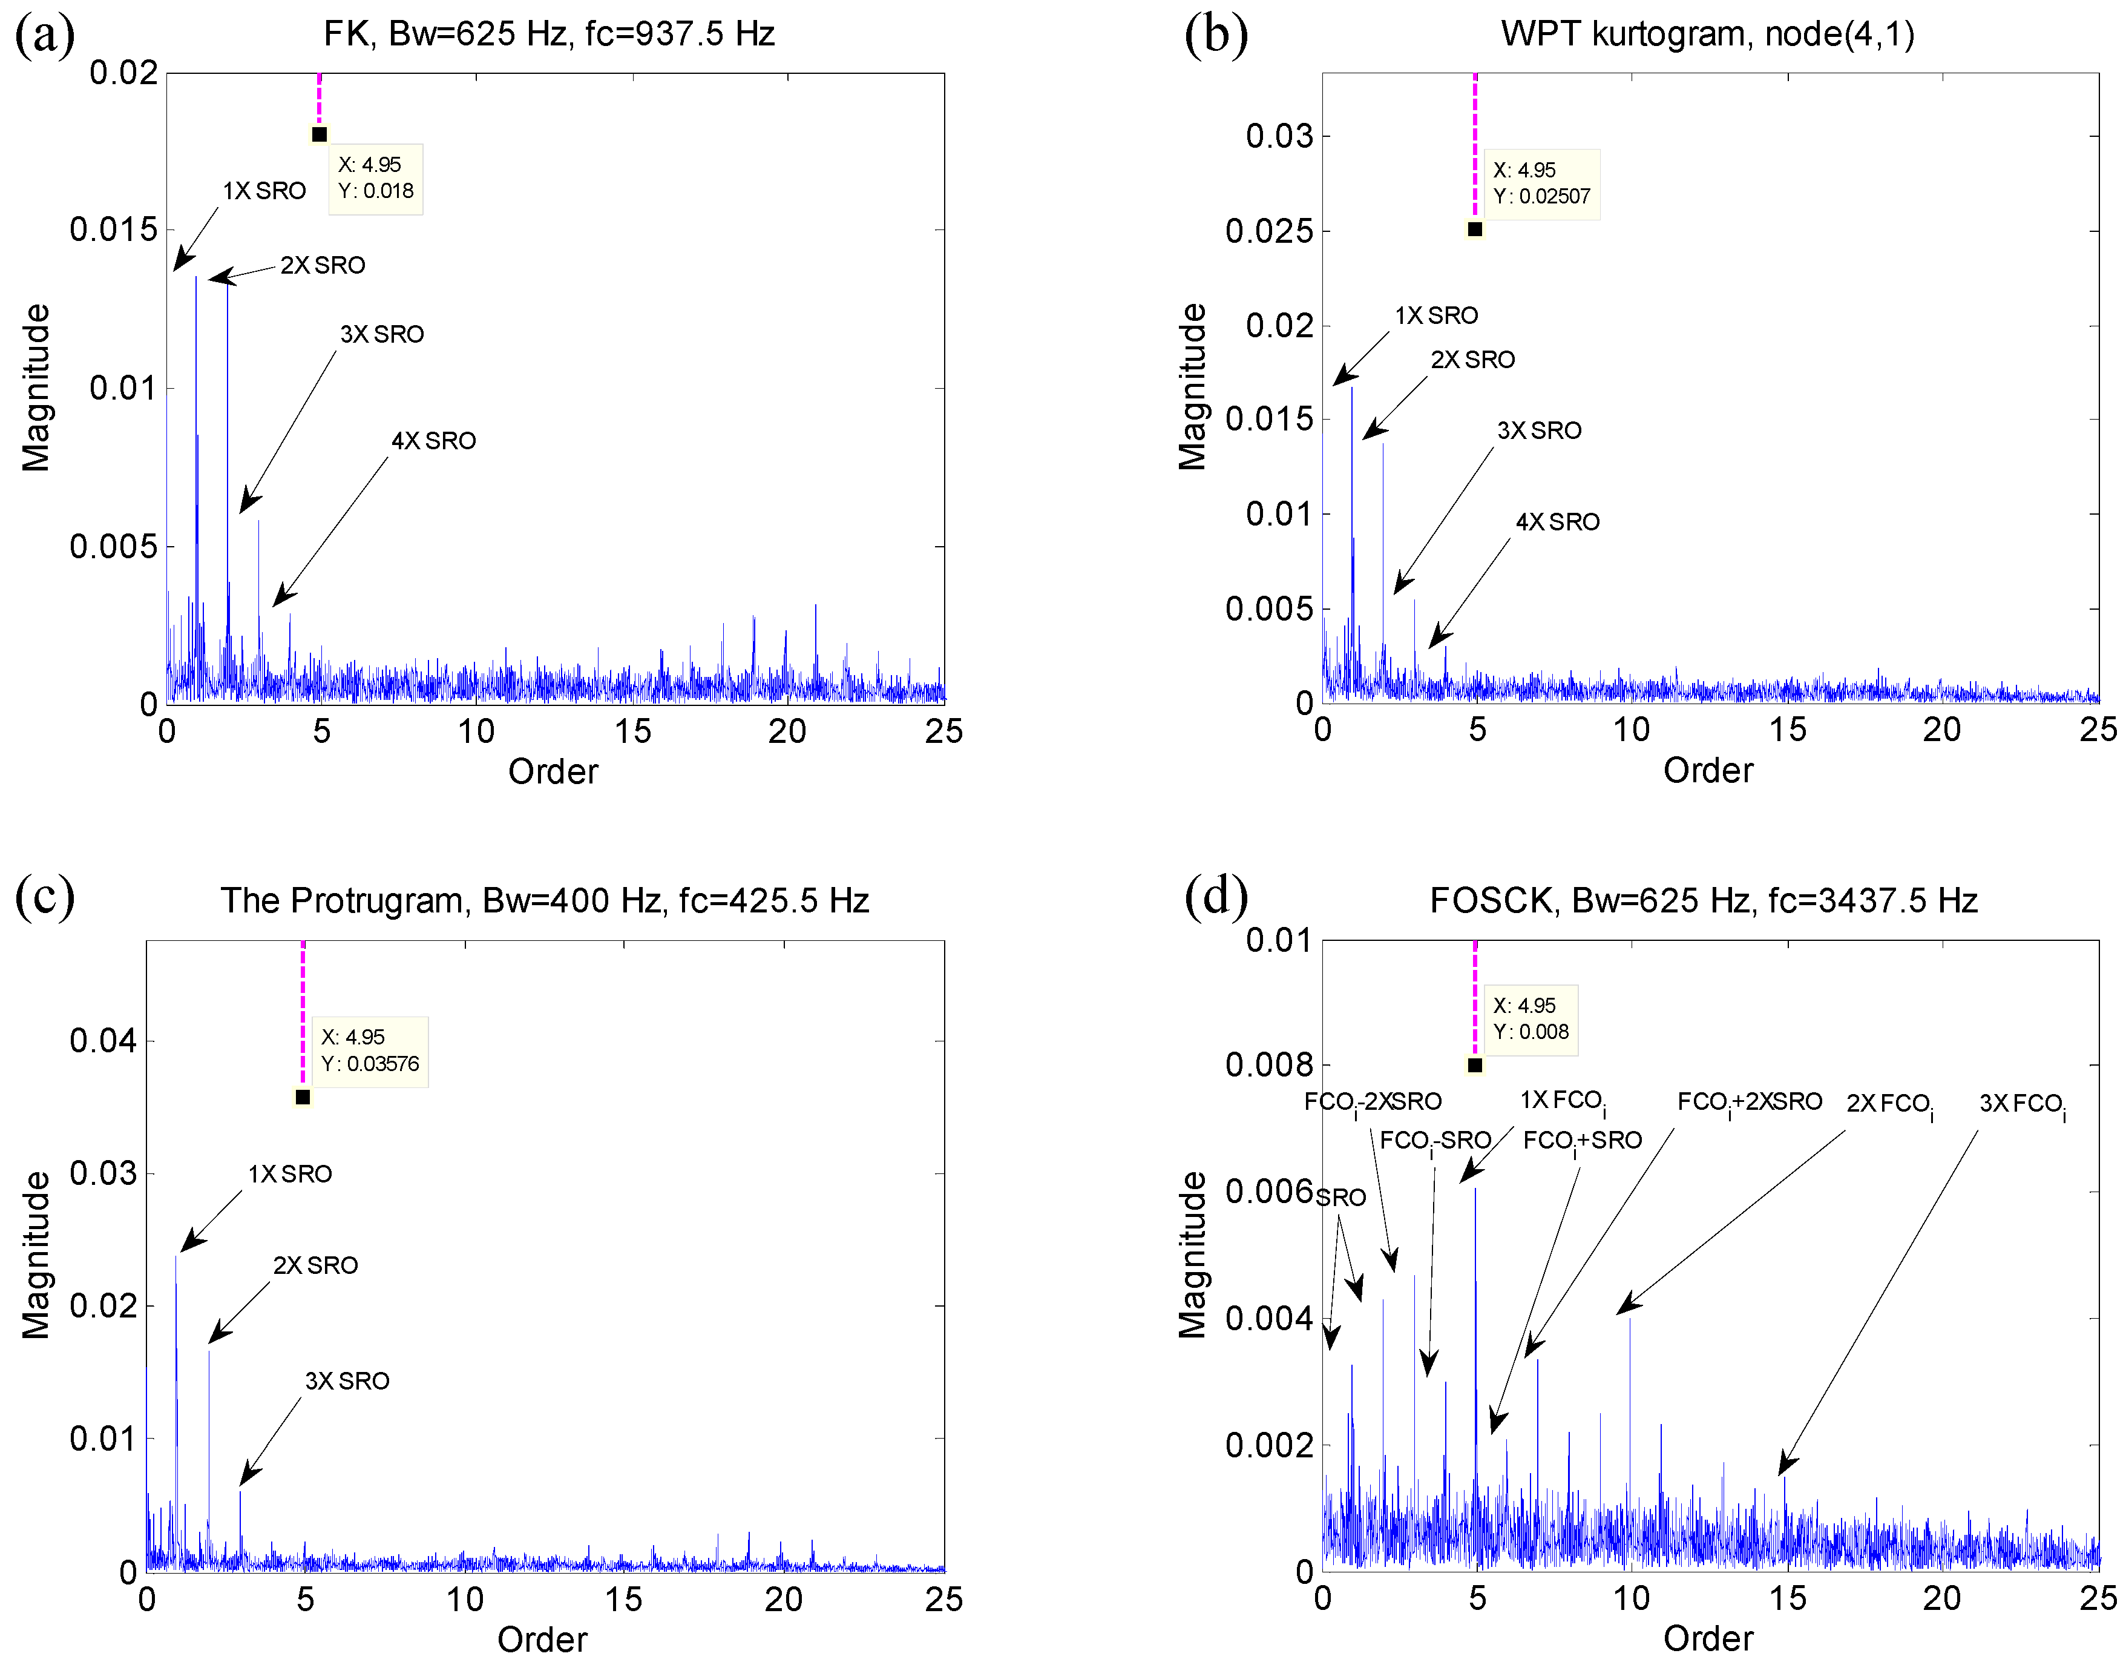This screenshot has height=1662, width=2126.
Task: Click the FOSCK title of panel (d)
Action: [1704, 900]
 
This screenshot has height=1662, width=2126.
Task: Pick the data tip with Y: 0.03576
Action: [370, 1050]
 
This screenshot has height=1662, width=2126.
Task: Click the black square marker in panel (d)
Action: [1475, 1065]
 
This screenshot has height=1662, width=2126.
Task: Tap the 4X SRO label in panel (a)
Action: [433, 441]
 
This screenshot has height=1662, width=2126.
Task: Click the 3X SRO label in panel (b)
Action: [1539, 430]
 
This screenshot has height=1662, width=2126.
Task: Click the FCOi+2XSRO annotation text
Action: [1750, 1102]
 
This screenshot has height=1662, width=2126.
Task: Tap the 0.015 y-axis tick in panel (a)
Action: [113, 231]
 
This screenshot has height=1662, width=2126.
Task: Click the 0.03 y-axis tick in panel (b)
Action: [1279, 136]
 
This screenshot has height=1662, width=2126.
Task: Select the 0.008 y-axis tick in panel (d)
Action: [1270, 1065]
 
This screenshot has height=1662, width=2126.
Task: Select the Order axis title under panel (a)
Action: [553, 771]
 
